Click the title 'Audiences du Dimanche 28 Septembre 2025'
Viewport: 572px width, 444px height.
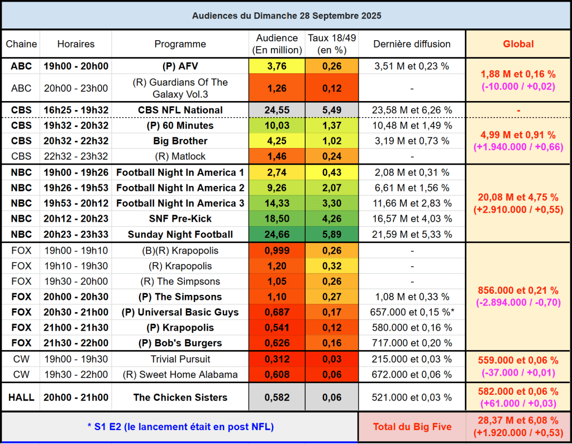pyautogui.click(x=286, y=16)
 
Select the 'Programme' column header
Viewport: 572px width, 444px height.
pyautogui.click(x=180, y=44)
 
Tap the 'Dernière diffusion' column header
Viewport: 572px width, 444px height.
pyautogui.click(x=412, y=44)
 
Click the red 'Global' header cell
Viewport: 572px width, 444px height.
pyautogui.click(x=518, y=44)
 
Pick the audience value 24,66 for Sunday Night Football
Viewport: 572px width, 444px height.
pyautogui.click(x=277, y=235)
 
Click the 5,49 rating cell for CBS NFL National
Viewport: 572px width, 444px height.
pyautogui.click(x=331, y=110)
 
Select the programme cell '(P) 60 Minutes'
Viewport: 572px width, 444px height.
pyautogui.click(x=180, y=126)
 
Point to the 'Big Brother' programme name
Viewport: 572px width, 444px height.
pyautogui.click(x=180, y=141)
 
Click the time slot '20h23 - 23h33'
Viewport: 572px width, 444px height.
pyautogui.click(x=75, y=235)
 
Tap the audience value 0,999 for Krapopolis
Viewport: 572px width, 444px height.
pyautogui.click(x=277, y=251)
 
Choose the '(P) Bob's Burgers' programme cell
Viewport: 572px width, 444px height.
pyautogui.click(x=180, y=343)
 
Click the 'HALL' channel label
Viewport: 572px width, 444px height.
pyautogui.click(x=21, y=398)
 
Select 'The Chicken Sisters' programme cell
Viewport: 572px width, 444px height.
pyautogui.click(x=180, y=398)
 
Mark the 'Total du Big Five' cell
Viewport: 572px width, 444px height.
pyautogui.click(x=412, y=427)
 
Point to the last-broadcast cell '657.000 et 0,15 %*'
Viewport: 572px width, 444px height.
pyautogui.click(x=412, y=312)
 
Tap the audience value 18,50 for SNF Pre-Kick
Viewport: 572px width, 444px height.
pyautogui.click(x=277, y=219)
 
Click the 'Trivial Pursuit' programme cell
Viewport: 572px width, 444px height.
pyautogui.click(x=180, y=359)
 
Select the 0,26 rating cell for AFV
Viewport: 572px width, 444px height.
pyautogui.click(x=331, y=66)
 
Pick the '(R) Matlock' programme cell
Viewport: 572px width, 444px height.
pyautogui.click(x=180, y=156)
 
